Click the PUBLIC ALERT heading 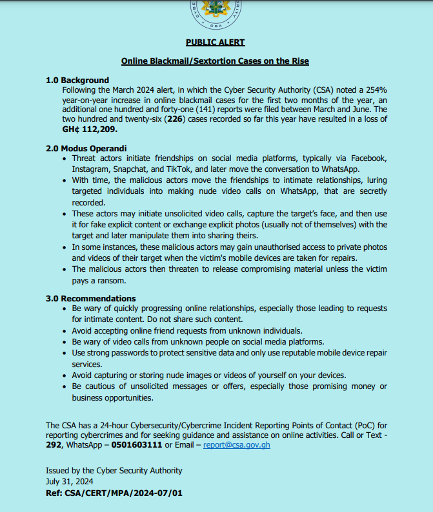tap(216, 43)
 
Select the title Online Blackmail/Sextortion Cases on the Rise tap(216, 61)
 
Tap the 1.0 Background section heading tap(77, 81)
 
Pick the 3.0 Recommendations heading tap(90, 298)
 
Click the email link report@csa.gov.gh tap(236, 445)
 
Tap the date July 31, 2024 tap(69, 481)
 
